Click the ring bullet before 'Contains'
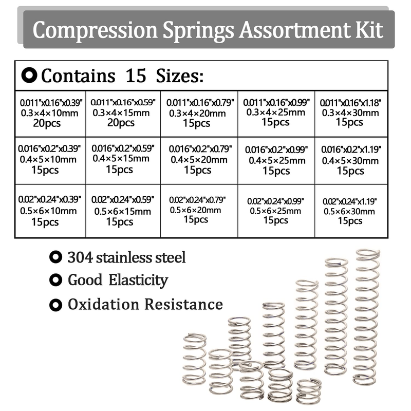[x=29, y=76]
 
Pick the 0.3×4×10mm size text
[x=49, y=113]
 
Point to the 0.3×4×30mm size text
[x=349, y=113]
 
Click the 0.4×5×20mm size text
[x=198, y=160]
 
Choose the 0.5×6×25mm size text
[x=275, y=211]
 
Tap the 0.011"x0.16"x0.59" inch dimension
[x=123, y=103]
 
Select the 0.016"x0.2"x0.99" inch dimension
[x=276, y=150]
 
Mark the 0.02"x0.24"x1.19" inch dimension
[x=350, y=201]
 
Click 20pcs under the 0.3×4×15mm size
[x=121, y=123]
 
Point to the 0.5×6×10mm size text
[x=49, y=211]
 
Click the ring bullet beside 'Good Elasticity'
[x=54, y=281]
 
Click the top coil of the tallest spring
[x=367, y=253]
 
